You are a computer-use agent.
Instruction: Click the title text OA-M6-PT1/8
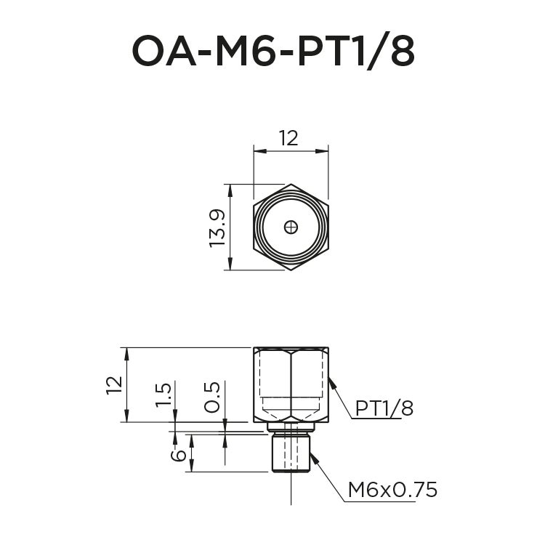[x=272, y=51]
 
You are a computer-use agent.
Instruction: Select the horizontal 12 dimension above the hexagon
[x=288, y=138]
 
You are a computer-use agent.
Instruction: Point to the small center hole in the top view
[x=291, y=227]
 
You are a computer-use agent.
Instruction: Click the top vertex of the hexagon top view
[x=291, y=185]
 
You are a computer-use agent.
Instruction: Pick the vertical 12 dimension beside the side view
[x=113, y=384]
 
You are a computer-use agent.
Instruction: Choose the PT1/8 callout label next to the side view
[x=384, y=409]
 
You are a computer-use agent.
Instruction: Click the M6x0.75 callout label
[x=392, y=490]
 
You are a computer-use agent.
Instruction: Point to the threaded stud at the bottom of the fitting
[x=291, y=453]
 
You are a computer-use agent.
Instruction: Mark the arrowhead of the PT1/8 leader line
[x=331, y=380]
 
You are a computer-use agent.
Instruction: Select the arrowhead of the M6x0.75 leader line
[x=313, y=456]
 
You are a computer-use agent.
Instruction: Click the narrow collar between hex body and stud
[x=291, y=427]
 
